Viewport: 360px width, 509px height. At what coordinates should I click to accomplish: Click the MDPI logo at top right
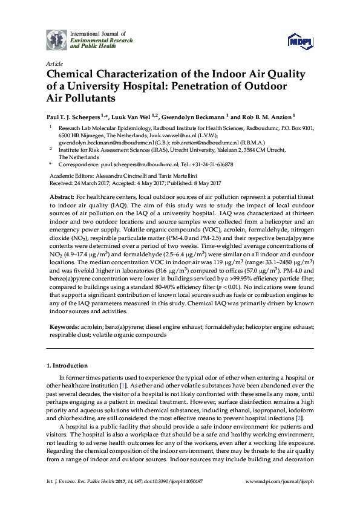301,41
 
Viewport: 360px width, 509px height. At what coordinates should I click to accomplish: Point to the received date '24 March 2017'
87,183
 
